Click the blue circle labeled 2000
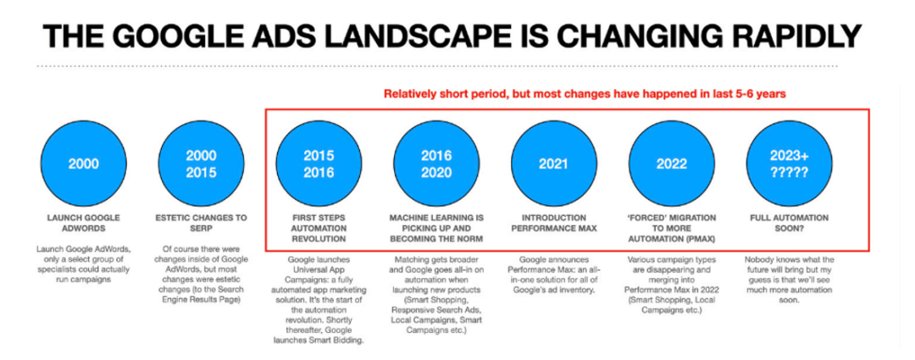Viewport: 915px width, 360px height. tap(83, 164)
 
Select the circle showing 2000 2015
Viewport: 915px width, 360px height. tap(201, 164)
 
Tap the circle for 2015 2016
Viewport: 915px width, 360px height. tap(319, 164)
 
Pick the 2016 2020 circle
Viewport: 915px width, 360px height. tap(436, 164)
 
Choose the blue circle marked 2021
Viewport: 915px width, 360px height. tap(554, 164)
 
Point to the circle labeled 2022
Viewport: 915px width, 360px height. tap(672, 164)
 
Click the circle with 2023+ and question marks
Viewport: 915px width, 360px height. tap(789, 164)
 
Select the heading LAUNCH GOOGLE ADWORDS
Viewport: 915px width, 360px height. tap(83, 223)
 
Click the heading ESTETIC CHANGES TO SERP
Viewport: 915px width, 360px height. tap(201, 223)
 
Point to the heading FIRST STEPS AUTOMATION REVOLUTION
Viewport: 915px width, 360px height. tap(319, 228)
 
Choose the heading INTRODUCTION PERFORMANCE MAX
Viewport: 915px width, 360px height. tap(554, 223)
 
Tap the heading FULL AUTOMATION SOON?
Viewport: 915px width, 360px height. tap(789, 223)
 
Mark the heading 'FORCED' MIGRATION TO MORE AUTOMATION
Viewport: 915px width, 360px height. tap(672, 228)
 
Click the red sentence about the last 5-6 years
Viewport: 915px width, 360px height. tap(585, 94)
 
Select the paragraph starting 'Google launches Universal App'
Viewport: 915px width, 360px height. tap(319, 300)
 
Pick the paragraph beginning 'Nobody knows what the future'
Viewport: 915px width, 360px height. tap(789, 280)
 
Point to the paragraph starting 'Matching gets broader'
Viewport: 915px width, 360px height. tap(436, 295)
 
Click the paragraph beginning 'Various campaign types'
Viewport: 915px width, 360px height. tap(672, 285)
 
